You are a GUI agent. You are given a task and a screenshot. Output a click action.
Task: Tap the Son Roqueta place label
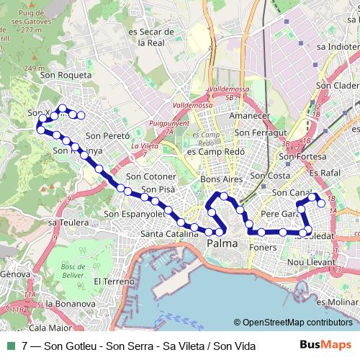[66, 74]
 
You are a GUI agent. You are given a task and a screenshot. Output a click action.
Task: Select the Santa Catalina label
[169, 233]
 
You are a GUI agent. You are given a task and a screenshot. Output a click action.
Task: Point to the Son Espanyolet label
[135, 213]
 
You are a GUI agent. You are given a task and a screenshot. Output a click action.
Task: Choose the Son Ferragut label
[261, 132]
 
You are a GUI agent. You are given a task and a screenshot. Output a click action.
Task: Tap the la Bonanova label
[70, 304]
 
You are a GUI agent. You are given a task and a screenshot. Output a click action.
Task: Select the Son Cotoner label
[150, 176]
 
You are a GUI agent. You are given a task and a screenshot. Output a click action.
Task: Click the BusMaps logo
[325, 346]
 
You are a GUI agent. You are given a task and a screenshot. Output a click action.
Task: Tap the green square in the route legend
[11, 346]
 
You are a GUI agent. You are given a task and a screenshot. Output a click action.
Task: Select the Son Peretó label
[107, 135]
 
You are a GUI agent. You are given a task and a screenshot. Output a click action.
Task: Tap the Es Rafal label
[323, 173]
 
